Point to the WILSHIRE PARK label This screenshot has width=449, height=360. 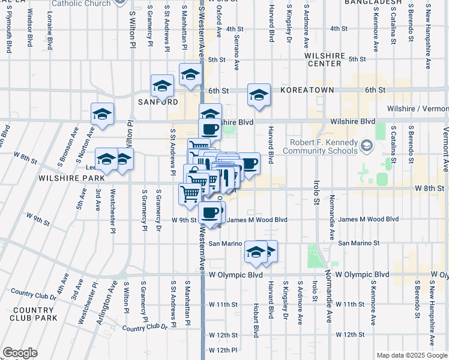pyautogui.click(x=64, y=178)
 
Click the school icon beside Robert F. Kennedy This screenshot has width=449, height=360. pyautogui.click(x=366, y=145)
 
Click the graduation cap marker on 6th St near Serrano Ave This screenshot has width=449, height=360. pyautogui.click(x=259, y=95)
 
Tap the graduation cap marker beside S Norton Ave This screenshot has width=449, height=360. pyautogui.click(x=103, y=114)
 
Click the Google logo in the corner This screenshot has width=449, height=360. pyautogui.click(x=20, y=353)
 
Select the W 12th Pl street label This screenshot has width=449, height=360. pyautogui.click(x=223, y=350)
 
